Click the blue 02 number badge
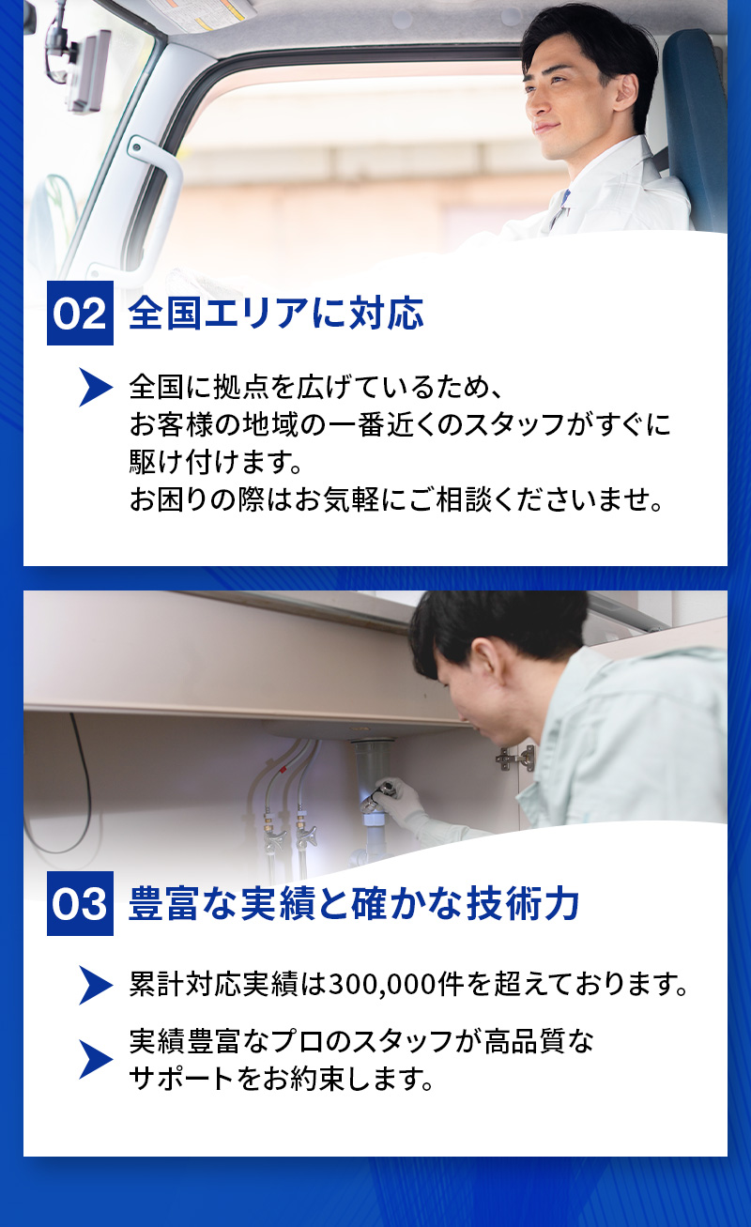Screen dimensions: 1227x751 80,314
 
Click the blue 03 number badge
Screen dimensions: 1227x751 80,904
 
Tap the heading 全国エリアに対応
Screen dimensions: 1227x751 276,314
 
